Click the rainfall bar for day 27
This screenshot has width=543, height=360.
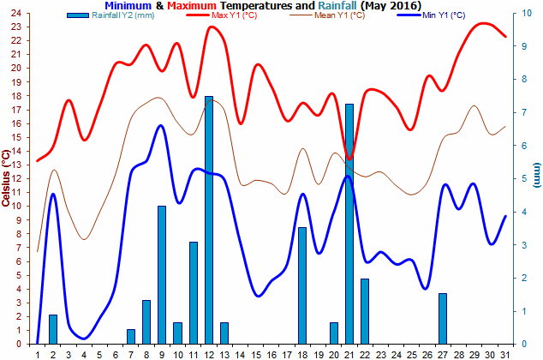point(443,318)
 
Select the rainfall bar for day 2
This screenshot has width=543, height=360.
point(52,329)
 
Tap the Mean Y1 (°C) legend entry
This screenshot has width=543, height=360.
point(339,16)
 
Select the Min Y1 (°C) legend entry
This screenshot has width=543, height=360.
point(445,16)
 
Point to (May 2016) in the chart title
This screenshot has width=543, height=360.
point(391,6)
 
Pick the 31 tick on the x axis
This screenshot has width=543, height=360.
point(506,353)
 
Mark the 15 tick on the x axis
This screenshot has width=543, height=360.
point(256,353)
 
